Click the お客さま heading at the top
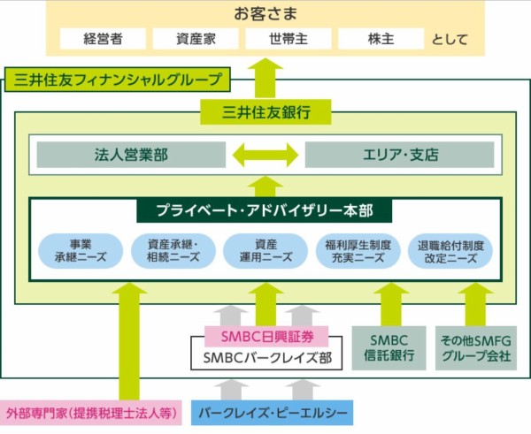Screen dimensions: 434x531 (265, 13)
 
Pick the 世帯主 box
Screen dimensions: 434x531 (287, 39)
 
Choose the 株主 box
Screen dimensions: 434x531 (381, 39)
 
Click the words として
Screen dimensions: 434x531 (452, 40)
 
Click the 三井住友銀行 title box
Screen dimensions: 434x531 (265, 112)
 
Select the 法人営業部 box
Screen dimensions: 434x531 (130, 155)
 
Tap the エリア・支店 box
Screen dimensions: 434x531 (399, 155)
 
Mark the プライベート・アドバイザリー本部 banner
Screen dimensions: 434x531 (265, 212)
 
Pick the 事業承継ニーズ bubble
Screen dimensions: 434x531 (80, 251)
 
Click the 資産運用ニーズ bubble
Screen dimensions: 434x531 (265, 251)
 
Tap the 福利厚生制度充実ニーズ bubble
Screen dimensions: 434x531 (358, 251)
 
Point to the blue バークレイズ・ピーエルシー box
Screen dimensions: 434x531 (272, 412)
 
